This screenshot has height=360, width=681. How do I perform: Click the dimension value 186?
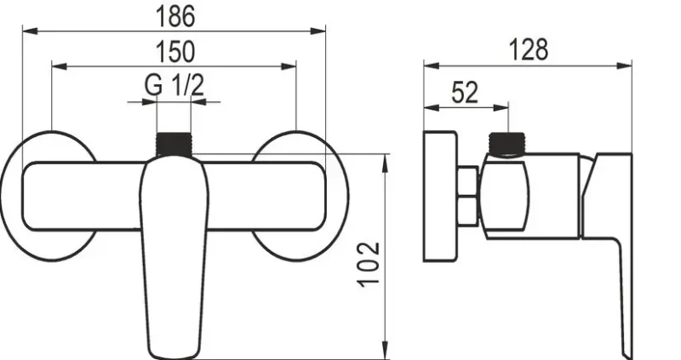175,16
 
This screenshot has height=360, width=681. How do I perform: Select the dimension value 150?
175,51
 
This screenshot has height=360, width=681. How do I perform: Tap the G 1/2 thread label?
175,85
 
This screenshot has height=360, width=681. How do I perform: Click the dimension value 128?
528,49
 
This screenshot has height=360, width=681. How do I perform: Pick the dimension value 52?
465,92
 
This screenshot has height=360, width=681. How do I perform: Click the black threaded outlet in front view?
174,144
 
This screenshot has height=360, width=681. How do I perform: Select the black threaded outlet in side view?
507,144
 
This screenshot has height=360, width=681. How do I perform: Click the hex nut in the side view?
468,197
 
